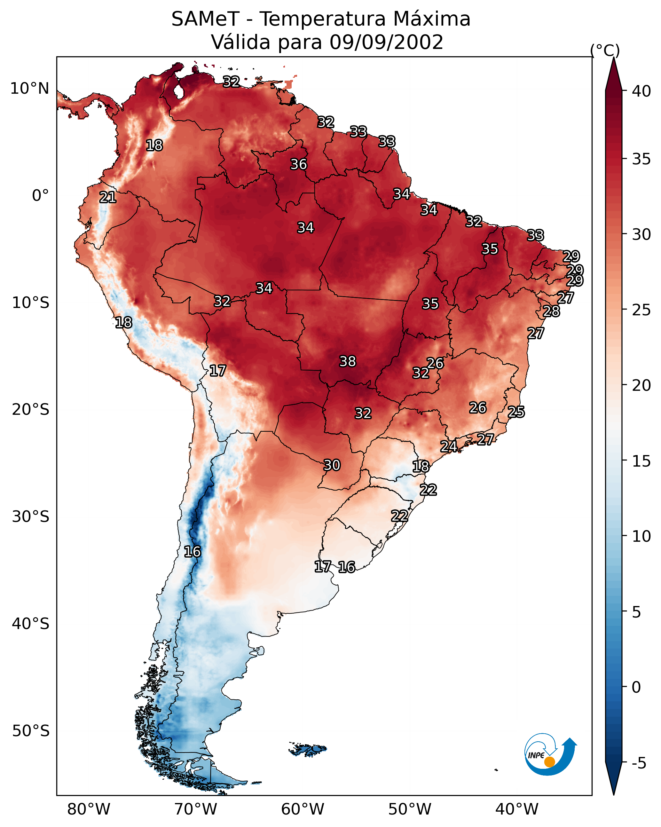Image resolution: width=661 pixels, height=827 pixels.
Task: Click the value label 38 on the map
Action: point(348,361)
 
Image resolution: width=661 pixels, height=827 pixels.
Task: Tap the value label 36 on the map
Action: point(298,164)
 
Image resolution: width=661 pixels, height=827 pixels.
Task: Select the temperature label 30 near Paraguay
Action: point(332,465)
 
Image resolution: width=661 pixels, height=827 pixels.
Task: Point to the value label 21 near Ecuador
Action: point(108,197)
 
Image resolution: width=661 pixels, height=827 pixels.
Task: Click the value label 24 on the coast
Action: point(448,446)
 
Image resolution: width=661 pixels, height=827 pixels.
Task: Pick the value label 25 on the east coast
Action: point(516,412)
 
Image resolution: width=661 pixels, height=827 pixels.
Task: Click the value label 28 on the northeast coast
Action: point(551,311)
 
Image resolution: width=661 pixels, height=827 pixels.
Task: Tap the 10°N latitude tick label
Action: point(29,89)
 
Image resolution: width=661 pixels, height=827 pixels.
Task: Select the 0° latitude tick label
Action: point(40,196)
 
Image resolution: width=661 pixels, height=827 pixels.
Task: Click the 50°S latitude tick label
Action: point(31,731)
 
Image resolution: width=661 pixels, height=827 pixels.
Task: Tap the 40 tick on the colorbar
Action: point(641,91)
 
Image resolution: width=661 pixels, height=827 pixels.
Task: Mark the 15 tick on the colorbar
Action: point(641,461)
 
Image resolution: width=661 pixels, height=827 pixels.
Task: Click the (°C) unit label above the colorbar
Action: point(605,50)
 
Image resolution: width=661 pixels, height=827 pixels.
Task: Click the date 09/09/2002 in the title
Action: point(386,42)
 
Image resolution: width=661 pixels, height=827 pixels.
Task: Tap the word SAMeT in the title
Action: point(205,19)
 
